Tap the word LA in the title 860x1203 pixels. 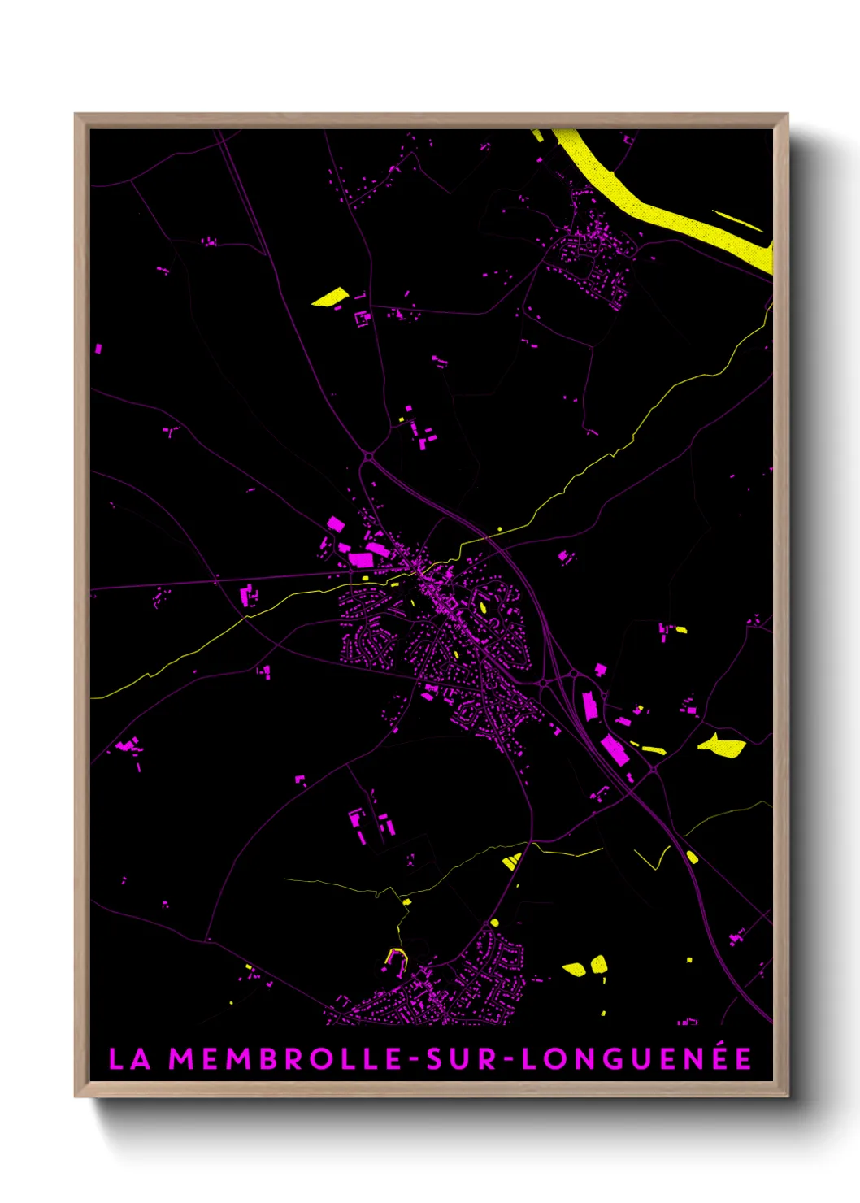click(130, 1059)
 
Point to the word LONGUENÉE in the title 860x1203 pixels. click(636, 1059)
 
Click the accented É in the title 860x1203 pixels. click(741, 1058)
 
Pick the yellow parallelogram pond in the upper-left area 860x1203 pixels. click(330, 297)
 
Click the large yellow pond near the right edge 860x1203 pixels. click(722, 746)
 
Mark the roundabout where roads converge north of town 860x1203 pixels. click(368, 457)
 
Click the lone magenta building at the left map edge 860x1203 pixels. click(98, 349)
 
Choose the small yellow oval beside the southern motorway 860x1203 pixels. click(692, 857)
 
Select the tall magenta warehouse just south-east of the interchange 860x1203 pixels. click(590, 706)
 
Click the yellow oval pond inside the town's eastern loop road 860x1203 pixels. click(483, 607)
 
